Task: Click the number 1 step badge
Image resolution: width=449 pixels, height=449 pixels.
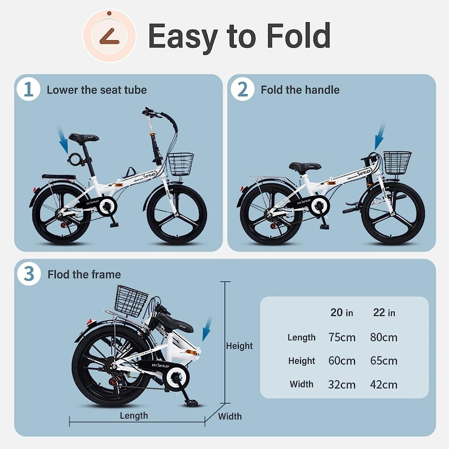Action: pyautogui.click(x=29, y=89)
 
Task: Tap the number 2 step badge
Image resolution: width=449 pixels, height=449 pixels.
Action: pyautogui.click(x=242, y=89)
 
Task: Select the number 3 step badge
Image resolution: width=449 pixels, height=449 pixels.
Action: pyautogui.click(x=29, y=274)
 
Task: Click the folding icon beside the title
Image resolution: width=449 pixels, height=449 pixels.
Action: pyautogui.click(x=109, y=36)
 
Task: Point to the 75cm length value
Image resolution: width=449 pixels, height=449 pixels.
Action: pyautogui.click(x=342, y=337)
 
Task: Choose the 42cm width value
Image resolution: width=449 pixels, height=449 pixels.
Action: pyautogui.click(x=384, y=385)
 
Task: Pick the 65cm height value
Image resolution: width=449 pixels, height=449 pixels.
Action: pyautogui.click(x=384, y=361)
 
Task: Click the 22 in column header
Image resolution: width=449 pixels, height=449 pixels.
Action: pyautogui.click(x=384, y=312)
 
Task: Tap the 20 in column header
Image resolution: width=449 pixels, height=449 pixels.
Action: pyautogui.click(x=342, y=312)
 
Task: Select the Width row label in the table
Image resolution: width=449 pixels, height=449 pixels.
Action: pyautogui.click(x=301, y=384)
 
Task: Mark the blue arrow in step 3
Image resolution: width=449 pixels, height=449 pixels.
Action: pyautogui.click(x=207, y=328)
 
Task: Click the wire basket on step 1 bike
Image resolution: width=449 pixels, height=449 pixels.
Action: pyautogui.click(x=181, y=164)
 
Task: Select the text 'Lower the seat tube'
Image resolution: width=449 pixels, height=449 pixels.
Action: pyautogui.click(x=97, y=90)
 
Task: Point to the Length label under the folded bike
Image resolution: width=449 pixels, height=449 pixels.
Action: pyautogui.click(x=134, y=415)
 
